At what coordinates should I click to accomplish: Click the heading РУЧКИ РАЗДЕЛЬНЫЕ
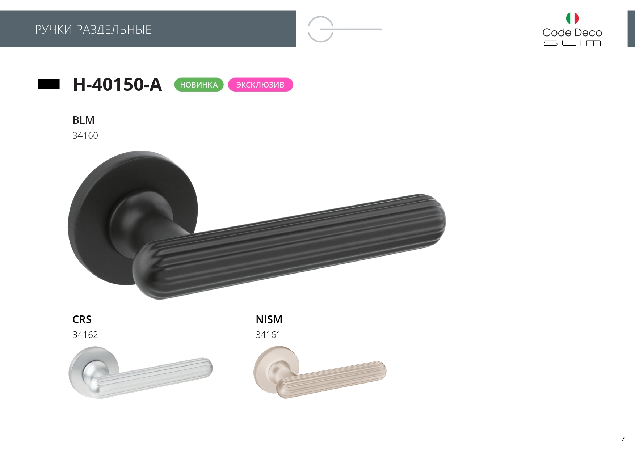pyautogui.click(x=93, y=29)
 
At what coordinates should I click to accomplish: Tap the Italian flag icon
pyautogui.click(x=572, y=18)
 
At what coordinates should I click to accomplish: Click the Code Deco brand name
pyautogui.click(x=572, y=33)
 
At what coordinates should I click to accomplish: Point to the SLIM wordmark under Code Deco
pyautogui.click(x=572, y=43)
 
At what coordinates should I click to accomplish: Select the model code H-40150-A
pyautogui.click(x=117, y=84)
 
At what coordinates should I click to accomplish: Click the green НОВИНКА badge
pyautogui.click(x=199, y=85)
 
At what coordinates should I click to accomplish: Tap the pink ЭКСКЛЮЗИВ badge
pyautogui.click(x=260, y=85)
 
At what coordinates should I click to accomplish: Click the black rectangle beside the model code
pyautogui.click(x=49, y=84)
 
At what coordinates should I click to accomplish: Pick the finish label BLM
pyautogui.click(x=83, y=120)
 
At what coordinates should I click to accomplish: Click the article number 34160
pyautogui.click(x=85, y=135)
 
